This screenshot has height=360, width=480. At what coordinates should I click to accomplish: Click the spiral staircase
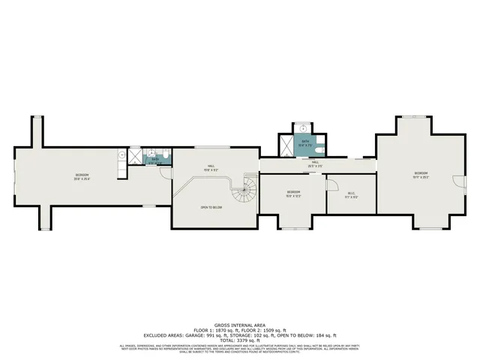click(x=245, y=197)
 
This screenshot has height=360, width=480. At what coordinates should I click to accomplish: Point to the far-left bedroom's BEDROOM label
click(x=82, y=176)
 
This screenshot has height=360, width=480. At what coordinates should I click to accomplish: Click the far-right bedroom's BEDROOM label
click(x=421, y=175)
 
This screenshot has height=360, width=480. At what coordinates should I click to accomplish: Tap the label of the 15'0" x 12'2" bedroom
click(x=292, y=193)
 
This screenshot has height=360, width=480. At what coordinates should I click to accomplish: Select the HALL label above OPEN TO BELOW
click(x=213, y=167)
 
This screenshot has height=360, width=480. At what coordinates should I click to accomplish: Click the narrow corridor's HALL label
click(x=316, y=163)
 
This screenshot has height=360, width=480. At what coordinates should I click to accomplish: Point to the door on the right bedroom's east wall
click(x=460, y=180)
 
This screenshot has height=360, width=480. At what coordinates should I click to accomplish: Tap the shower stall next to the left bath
click(x=135, y=155)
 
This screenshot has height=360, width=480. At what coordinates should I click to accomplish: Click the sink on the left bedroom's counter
click(x=121, y=155)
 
